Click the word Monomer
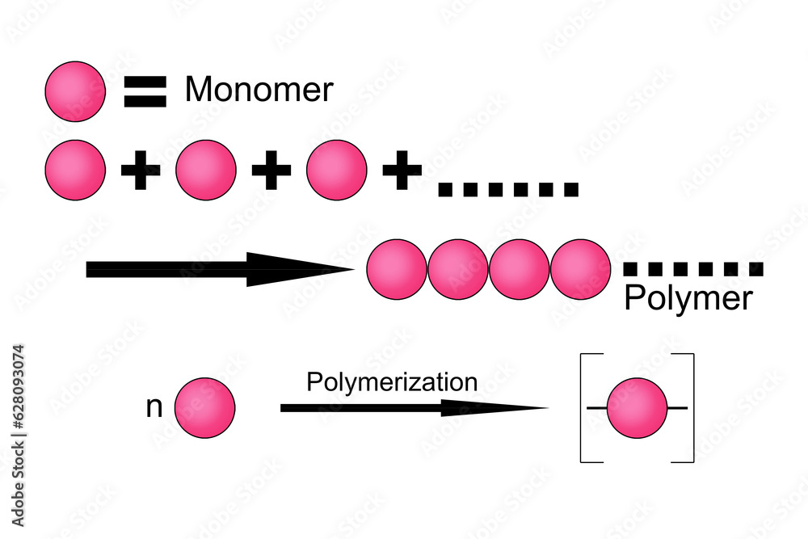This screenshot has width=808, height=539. pos(259,90)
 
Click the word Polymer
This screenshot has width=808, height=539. pos(688,299)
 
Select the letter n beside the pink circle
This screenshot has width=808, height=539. pos(154,407)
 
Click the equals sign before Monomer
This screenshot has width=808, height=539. pos(145,91)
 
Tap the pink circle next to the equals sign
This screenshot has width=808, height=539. pos(75,91)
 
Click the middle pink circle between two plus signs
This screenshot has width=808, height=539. pos(206,170)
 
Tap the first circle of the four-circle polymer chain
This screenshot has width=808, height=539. pos(397,269)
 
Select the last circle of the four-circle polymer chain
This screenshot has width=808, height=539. pos(581,269)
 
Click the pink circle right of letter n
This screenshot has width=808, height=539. pos(204,407)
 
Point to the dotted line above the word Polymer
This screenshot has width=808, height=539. pos(693,269)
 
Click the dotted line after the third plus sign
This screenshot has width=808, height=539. pos(507,191)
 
